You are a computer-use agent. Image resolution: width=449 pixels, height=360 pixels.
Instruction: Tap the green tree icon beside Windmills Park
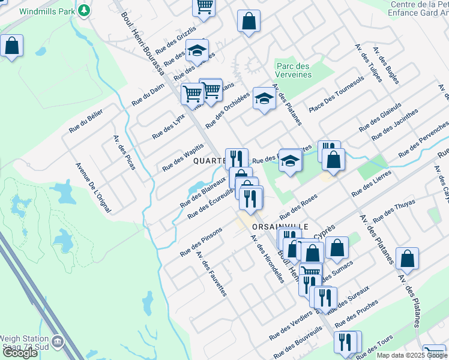[85, 10]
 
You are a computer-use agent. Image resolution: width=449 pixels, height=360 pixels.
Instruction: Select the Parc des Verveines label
[294, 70]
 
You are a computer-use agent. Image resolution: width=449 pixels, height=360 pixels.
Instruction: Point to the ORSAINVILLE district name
[280, 227]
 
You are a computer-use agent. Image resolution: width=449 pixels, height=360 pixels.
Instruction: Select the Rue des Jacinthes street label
[394, 124]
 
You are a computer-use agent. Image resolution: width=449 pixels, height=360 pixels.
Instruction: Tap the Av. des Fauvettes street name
[211, 273]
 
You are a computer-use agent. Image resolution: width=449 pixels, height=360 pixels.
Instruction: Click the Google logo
[20, 353]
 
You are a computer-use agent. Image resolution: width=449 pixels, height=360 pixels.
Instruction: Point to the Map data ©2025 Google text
[411, 355]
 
